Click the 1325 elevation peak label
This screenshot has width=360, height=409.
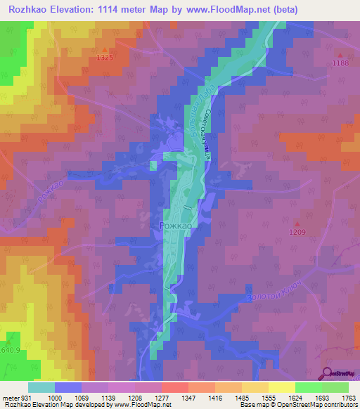point(105,58)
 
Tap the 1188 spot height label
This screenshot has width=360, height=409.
point(341,63)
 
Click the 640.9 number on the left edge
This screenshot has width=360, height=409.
point(10,349)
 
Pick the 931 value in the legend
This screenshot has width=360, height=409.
point(24,398)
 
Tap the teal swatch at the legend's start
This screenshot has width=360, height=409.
point(41,387)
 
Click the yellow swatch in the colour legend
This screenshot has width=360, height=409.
point(281,387)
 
